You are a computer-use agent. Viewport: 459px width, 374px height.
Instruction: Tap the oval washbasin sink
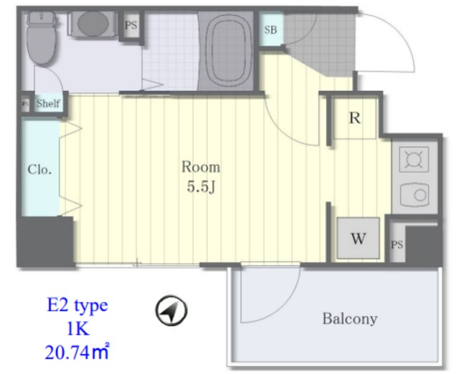tap(93, 24)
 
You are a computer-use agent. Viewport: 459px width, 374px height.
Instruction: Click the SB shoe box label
tap(270, 29)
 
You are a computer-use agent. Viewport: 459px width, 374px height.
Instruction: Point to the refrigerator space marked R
tap(355, 118)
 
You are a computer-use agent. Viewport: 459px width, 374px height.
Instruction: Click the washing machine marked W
tap(358, 238)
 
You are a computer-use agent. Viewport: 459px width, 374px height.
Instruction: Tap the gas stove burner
tap(415, 159)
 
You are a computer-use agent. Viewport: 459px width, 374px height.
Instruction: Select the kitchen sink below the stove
tap(415, 195)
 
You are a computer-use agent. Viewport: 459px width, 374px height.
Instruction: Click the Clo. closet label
tap(39, 170)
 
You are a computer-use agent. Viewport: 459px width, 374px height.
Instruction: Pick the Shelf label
tap(48, 103)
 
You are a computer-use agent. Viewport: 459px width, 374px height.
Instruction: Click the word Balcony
tap(350, 319)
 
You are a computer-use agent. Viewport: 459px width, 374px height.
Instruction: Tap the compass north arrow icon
tap(171, 310)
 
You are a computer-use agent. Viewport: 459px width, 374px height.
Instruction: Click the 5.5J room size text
tap(202, 187)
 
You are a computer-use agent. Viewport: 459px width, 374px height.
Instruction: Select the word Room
tap(201, 167)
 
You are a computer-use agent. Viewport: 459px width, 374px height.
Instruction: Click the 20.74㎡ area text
tap(77, 352)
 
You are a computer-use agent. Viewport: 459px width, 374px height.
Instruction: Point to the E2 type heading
tap(77, 305)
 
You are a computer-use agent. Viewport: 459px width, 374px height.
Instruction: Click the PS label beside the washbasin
tap(131, 25)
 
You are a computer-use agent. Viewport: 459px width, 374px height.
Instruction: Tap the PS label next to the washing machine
tap(397, 244)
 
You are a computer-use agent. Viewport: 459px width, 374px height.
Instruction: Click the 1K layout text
tap(78, 329)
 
